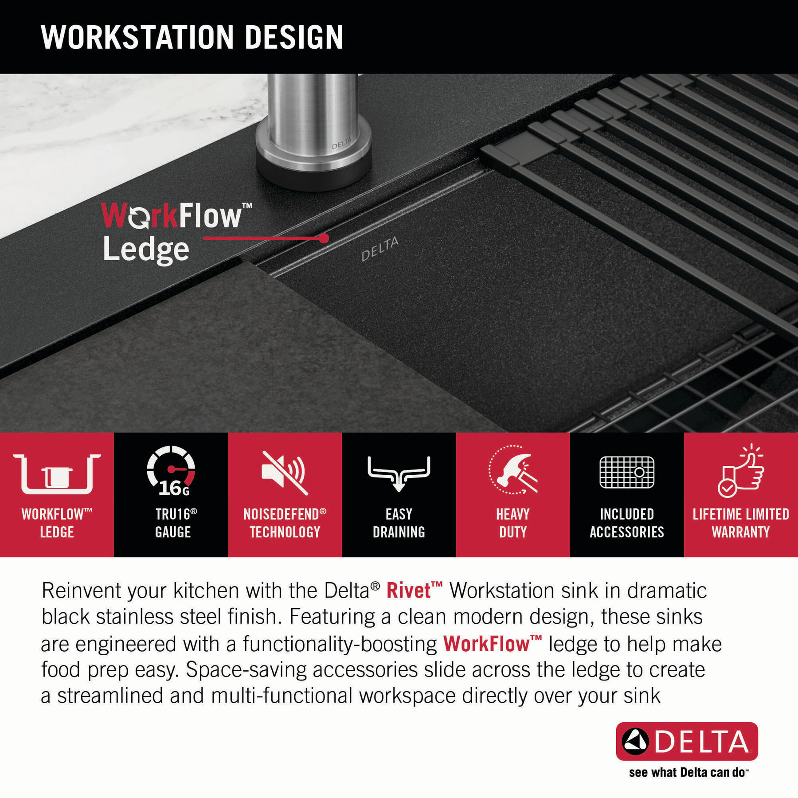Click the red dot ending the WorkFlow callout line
tap(324, 239)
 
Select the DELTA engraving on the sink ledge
tap(380, 249)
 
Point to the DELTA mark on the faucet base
tap(341, 143)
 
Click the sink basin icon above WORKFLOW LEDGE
tap(57, 473)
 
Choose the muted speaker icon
tap(284, 473)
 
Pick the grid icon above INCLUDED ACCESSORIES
tap(627, 472)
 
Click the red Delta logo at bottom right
tap(687, 741)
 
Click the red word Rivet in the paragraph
tap(408, 591)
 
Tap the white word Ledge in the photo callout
tap(146, 250)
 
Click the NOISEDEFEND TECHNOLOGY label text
tap(285, 523)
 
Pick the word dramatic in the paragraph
tap(667, 591)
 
